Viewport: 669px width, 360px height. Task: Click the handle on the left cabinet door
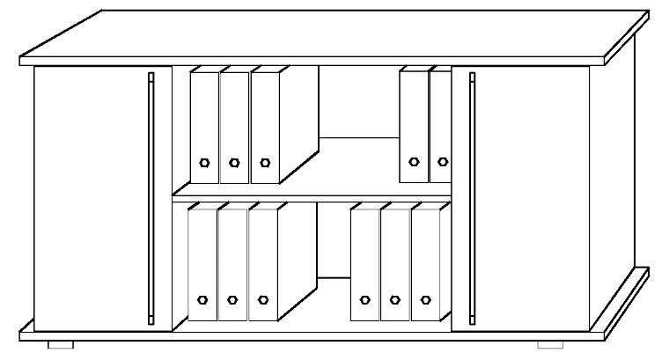151,194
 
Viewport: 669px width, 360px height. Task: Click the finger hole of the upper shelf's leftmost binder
204,162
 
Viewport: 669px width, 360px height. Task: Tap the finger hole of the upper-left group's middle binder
234,162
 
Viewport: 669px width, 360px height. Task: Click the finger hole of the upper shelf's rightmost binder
442,162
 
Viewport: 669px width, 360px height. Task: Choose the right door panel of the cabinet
528,198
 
